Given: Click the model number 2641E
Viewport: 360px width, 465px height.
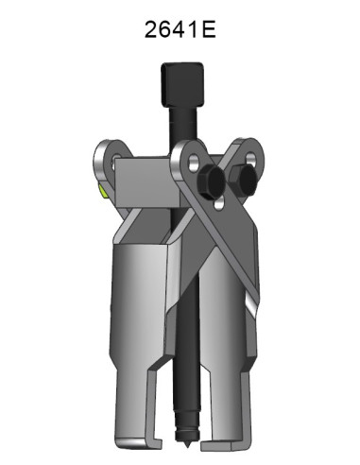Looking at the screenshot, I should (180, 28).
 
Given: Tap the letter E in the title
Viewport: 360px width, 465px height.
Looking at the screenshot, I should (209, 28).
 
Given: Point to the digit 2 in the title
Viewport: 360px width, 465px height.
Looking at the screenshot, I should (151, 28).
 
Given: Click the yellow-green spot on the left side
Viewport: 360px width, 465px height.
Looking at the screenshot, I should (102, 194).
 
